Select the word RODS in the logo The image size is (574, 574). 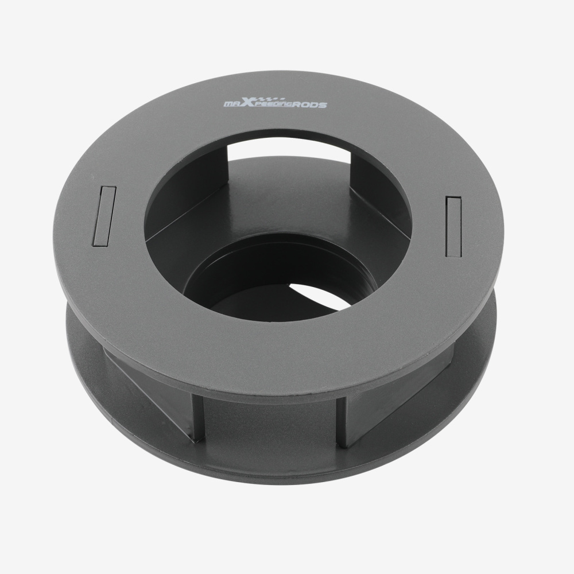point(309,105)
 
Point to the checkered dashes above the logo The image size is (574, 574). point(270,99)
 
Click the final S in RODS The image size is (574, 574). point(322,106)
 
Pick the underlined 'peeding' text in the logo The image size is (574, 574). point(274,105)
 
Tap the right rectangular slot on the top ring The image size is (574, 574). point(453,227)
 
